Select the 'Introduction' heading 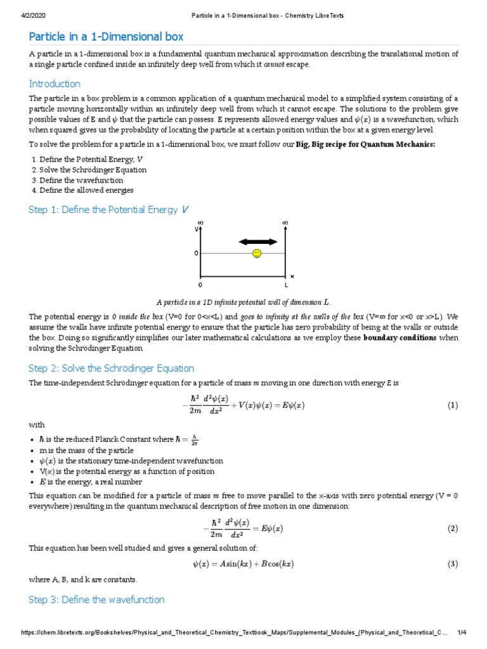click(x=55, y=84)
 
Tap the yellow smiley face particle click(x=256, y=254)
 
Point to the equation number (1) click(x=452, y=405)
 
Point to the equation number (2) click(x=452, y=528)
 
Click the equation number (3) click(x=452, y=563)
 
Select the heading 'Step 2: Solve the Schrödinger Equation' click(x=112, y=368)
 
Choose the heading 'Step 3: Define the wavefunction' click(x=96, y=600)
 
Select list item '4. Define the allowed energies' click(x=82, y=190)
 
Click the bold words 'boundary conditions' click(x=399, y=338)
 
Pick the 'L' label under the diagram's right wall click(x=286, y=285)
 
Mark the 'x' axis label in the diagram click(x=292, y=276)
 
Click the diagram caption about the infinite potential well click(x=243, y=302)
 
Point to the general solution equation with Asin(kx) click(x=243, y=563)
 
